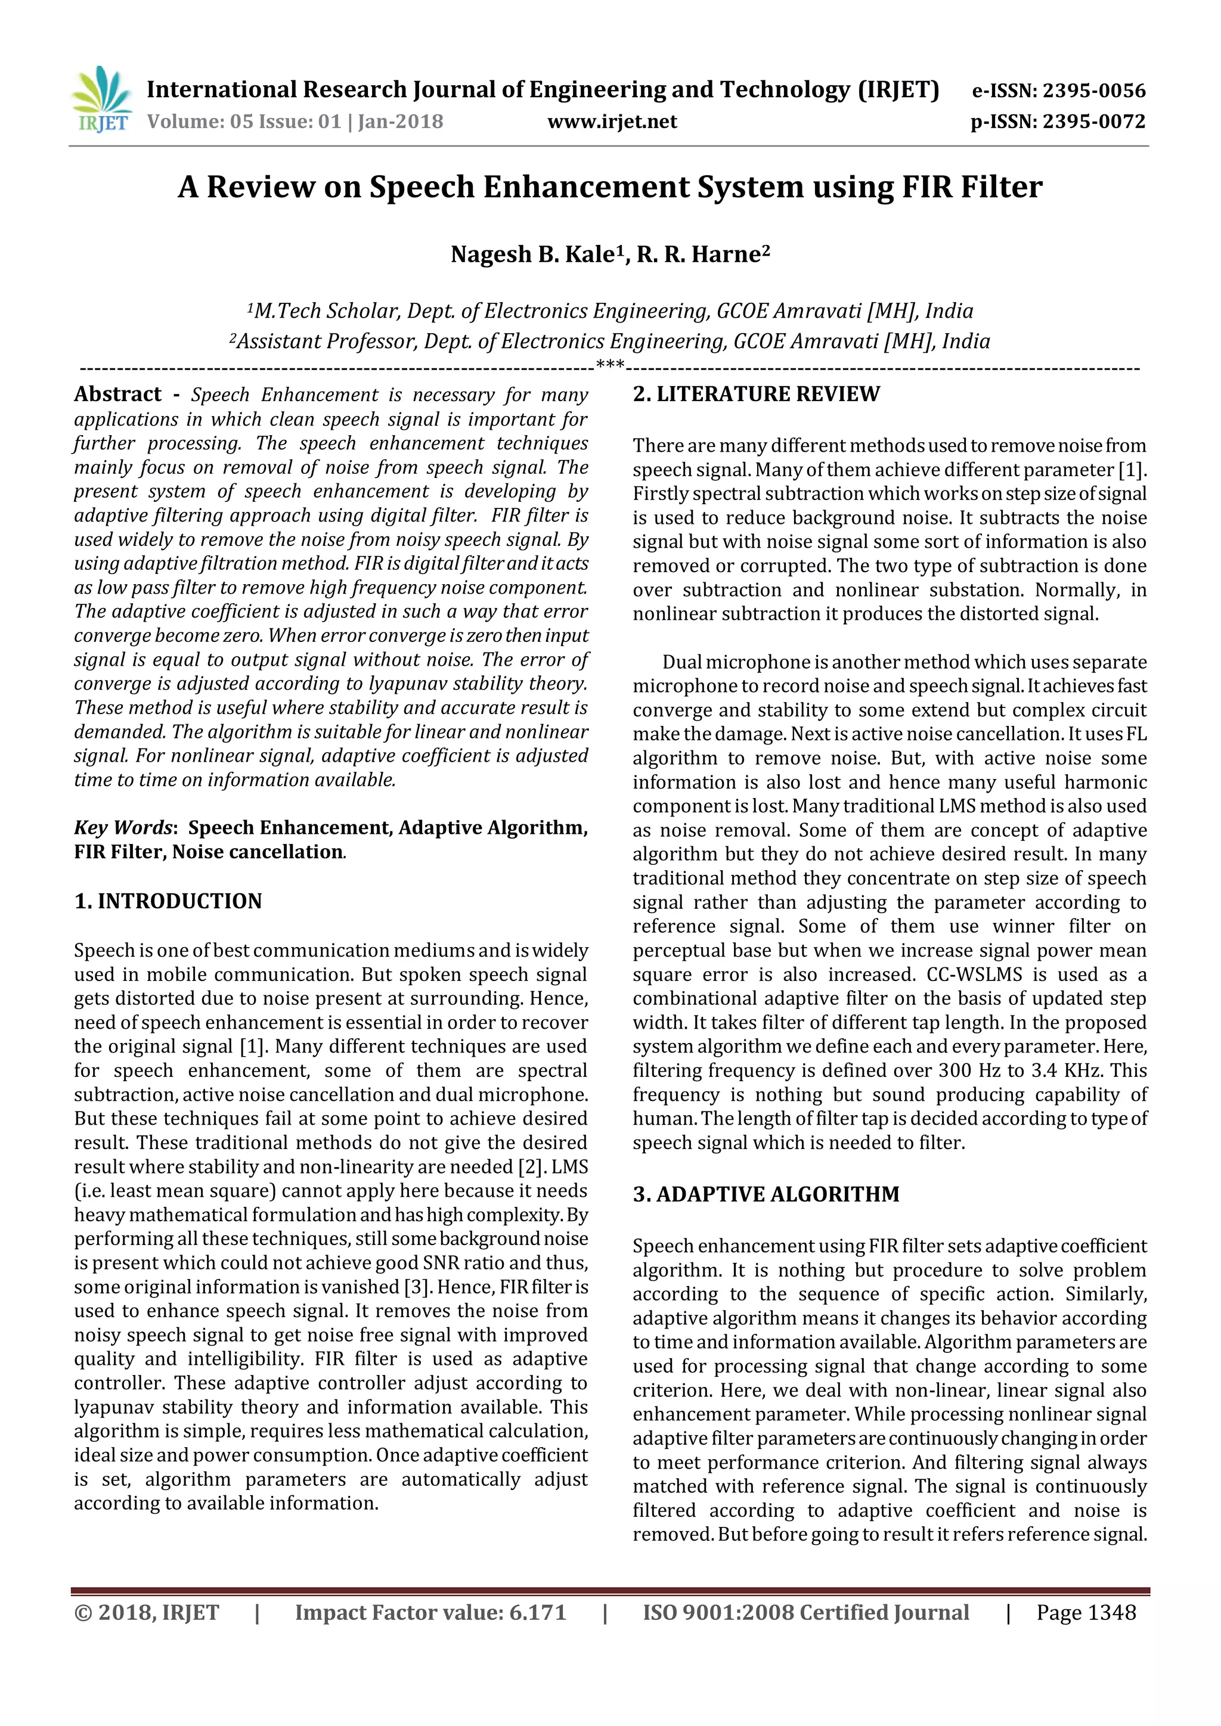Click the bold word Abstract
pos(118,394)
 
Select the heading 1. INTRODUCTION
pos(168,901)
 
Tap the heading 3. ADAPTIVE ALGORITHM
pos(766,1194)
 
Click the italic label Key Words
pos(123,828)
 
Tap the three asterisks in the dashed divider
pos(610,366)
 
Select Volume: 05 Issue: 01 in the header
pos(244,121)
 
